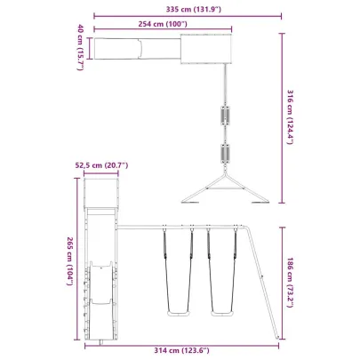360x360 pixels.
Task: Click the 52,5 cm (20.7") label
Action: [x=102, y=165]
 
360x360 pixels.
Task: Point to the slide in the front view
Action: [x=100, y=298]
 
